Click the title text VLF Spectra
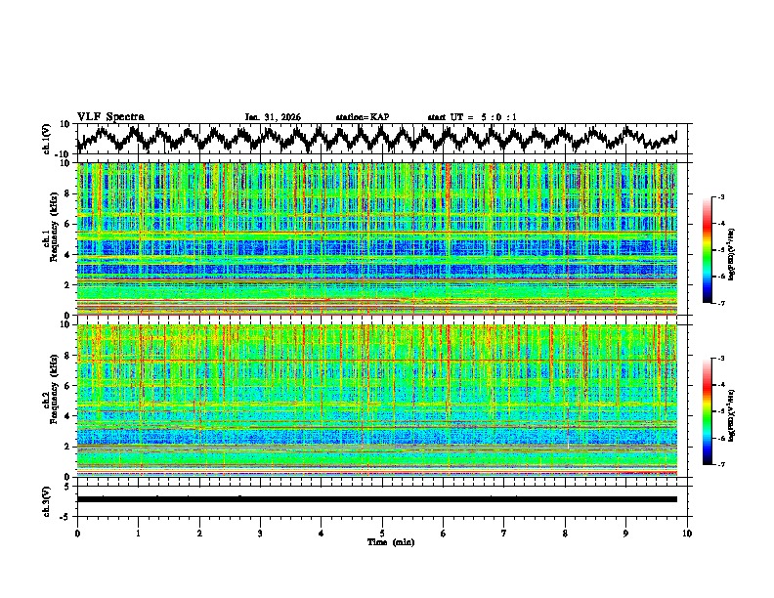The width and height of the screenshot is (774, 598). pyautogui.click(x=110, y=116)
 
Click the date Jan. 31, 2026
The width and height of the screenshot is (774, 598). pyautogui.click(x=273, y=117)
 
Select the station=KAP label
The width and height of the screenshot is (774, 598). pyautogui.click(x=362, y=117)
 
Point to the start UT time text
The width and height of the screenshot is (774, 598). pyautogui.click(x=472, y=117)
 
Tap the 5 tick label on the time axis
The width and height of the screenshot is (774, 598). pyautogui.click(x=382, y=533)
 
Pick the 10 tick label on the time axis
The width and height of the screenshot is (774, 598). pyautogui.click(x=687, y=533)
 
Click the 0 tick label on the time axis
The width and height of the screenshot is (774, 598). pyautogui.click(x=77, y=533)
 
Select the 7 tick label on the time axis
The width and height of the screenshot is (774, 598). pyautogui.click(x=504, y=533)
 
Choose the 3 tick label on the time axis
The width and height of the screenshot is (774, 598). pyautogui.click(x=260, y=533)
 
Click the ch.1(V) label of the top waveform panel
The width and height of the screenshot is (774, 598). pyautogui.click(x=47, y=139)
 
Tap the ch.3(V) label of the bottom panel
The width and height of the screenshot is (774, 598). pyautogui.click(x=47, y=499)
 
